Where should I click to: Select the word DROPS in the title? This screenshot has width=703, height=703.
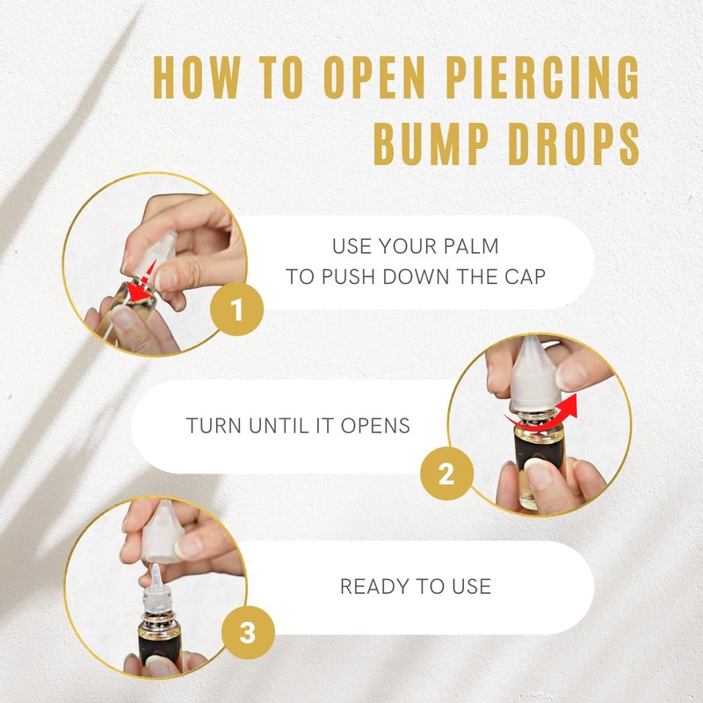click(x=574, y=143)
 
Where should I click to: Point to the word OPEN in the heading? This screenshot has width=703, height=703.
click(x=374, y=76)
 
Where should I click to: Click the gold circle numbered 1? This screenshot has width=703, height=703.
click(x=236, y=309)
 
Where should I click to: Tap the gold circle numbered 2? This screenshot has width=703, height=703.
click(x=446, y=473)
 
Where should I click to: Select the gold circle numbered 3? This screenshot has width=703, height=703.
click(x=248, y=632)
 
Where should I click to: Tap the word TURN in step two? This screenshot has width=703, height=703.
click(x=214, y=425)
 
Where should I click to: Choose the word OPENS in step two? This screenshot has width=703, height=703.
click(x=375, y=425)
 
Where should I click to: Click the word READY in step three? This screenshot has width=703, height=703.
click(x=374, y=586)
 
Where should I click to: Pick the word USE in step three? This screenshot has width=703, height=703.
click(x=471, y=586)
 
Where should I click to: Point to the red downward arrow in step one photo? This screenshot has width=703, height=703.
click(x=142, y=281)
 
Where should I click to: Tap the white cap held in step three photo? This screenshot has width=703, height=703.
click(x=163, y=532)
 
